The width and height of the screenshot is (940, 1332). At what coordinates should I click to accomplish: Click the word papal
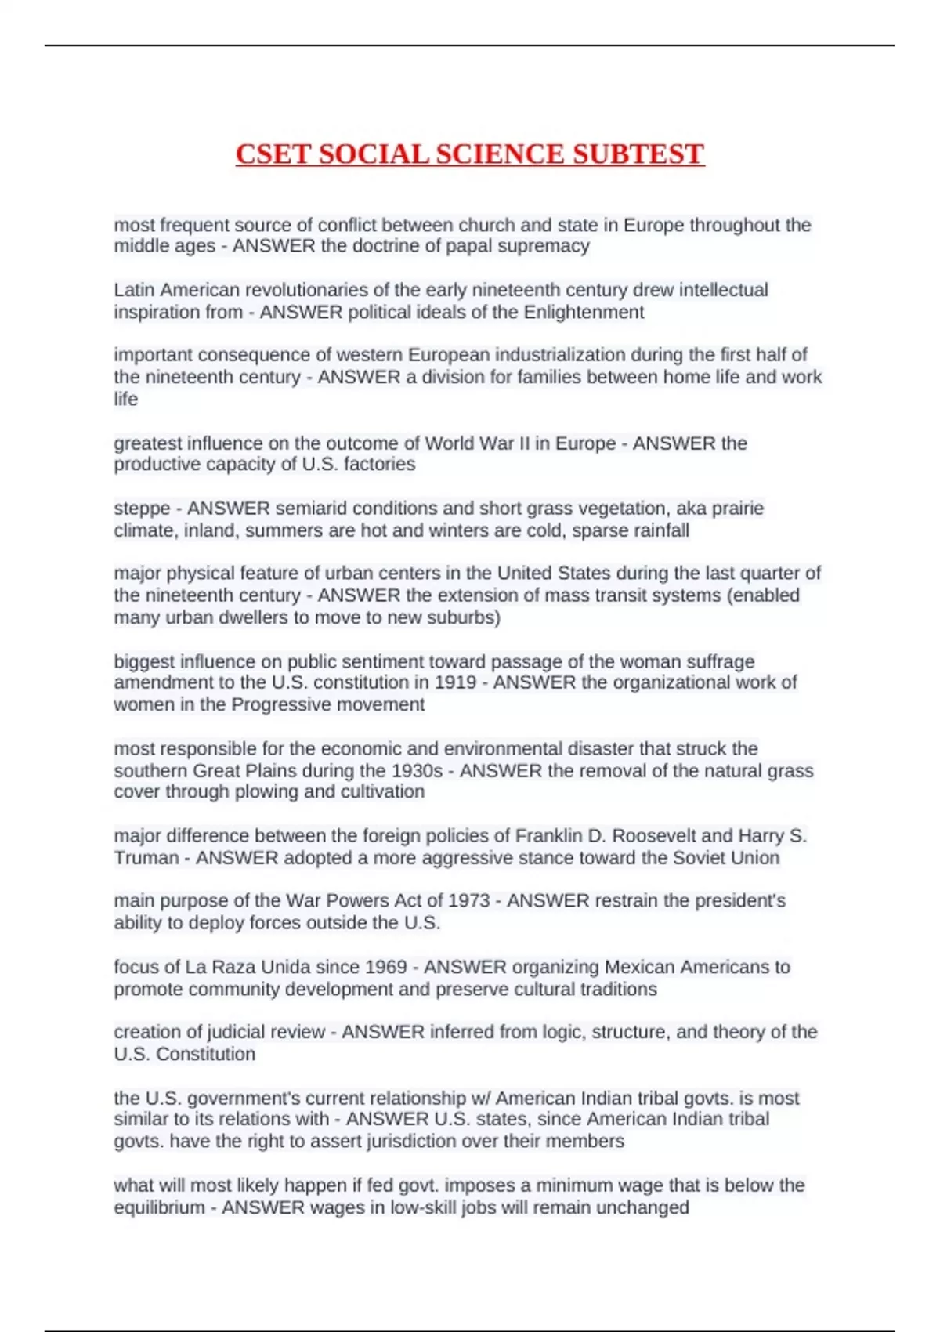[x=468, y=246]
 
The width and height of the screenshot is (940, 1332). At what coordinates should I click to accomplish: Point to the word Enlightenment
[x=584, y=312]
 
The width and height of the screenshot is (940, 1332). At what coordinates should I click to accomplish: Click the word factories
[x=379, y=464]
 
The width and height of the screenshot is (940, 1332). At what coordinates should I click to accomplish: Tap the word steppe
[x=142, y=509]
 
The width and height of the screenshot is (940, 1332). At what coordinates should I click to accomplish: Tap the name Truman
[x=146, y=858]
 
